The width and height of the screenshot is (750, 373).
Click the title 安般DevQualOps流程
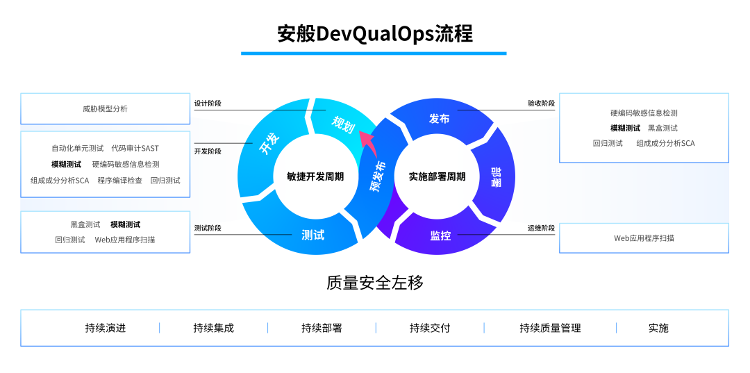pos(374,33)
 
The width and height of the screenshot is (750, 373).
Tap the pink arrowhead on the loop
pos(366,144)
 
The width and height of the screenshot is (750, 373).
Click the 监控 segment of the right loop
pos(440,235)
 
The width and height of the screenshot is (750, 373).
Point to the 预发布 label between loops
pos(378,176)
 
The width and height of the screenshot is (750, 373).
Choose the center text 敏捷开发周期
pos(315,176)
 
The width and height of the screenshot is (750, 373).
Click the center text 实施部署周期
pos(437,176)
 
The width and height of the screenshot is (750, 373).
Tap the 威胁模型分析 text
pos(105,109)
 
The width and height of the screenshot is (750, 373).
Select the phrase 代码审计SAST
pos(135,148)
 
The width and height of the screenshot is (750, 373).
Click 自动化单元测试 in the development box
pos(77,148)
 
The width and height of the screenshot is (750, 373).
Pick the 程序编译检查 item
pos(119,181)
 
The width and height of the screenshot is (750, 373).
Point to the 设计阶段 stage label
pos(208,103)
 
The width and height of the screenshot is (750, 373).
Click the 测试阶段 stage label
pos(208,228)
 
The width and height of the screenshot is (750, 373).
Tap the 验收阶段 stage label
pos(541,103)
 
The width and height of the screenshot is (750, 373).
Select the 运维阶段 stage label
pos(541,228)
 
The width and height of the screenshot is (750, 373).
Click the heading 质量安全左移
pos(374,283)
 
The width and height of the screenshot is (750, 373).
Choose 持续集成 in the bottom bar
pos(213,328)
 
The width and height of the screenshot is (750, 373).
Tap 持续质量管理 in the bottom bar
pos(550,328)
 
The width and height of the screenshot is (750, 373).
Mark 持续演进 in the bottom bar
pos(106,328)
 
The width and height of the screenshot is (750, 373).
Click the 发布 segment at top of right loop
pos(440,119)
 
